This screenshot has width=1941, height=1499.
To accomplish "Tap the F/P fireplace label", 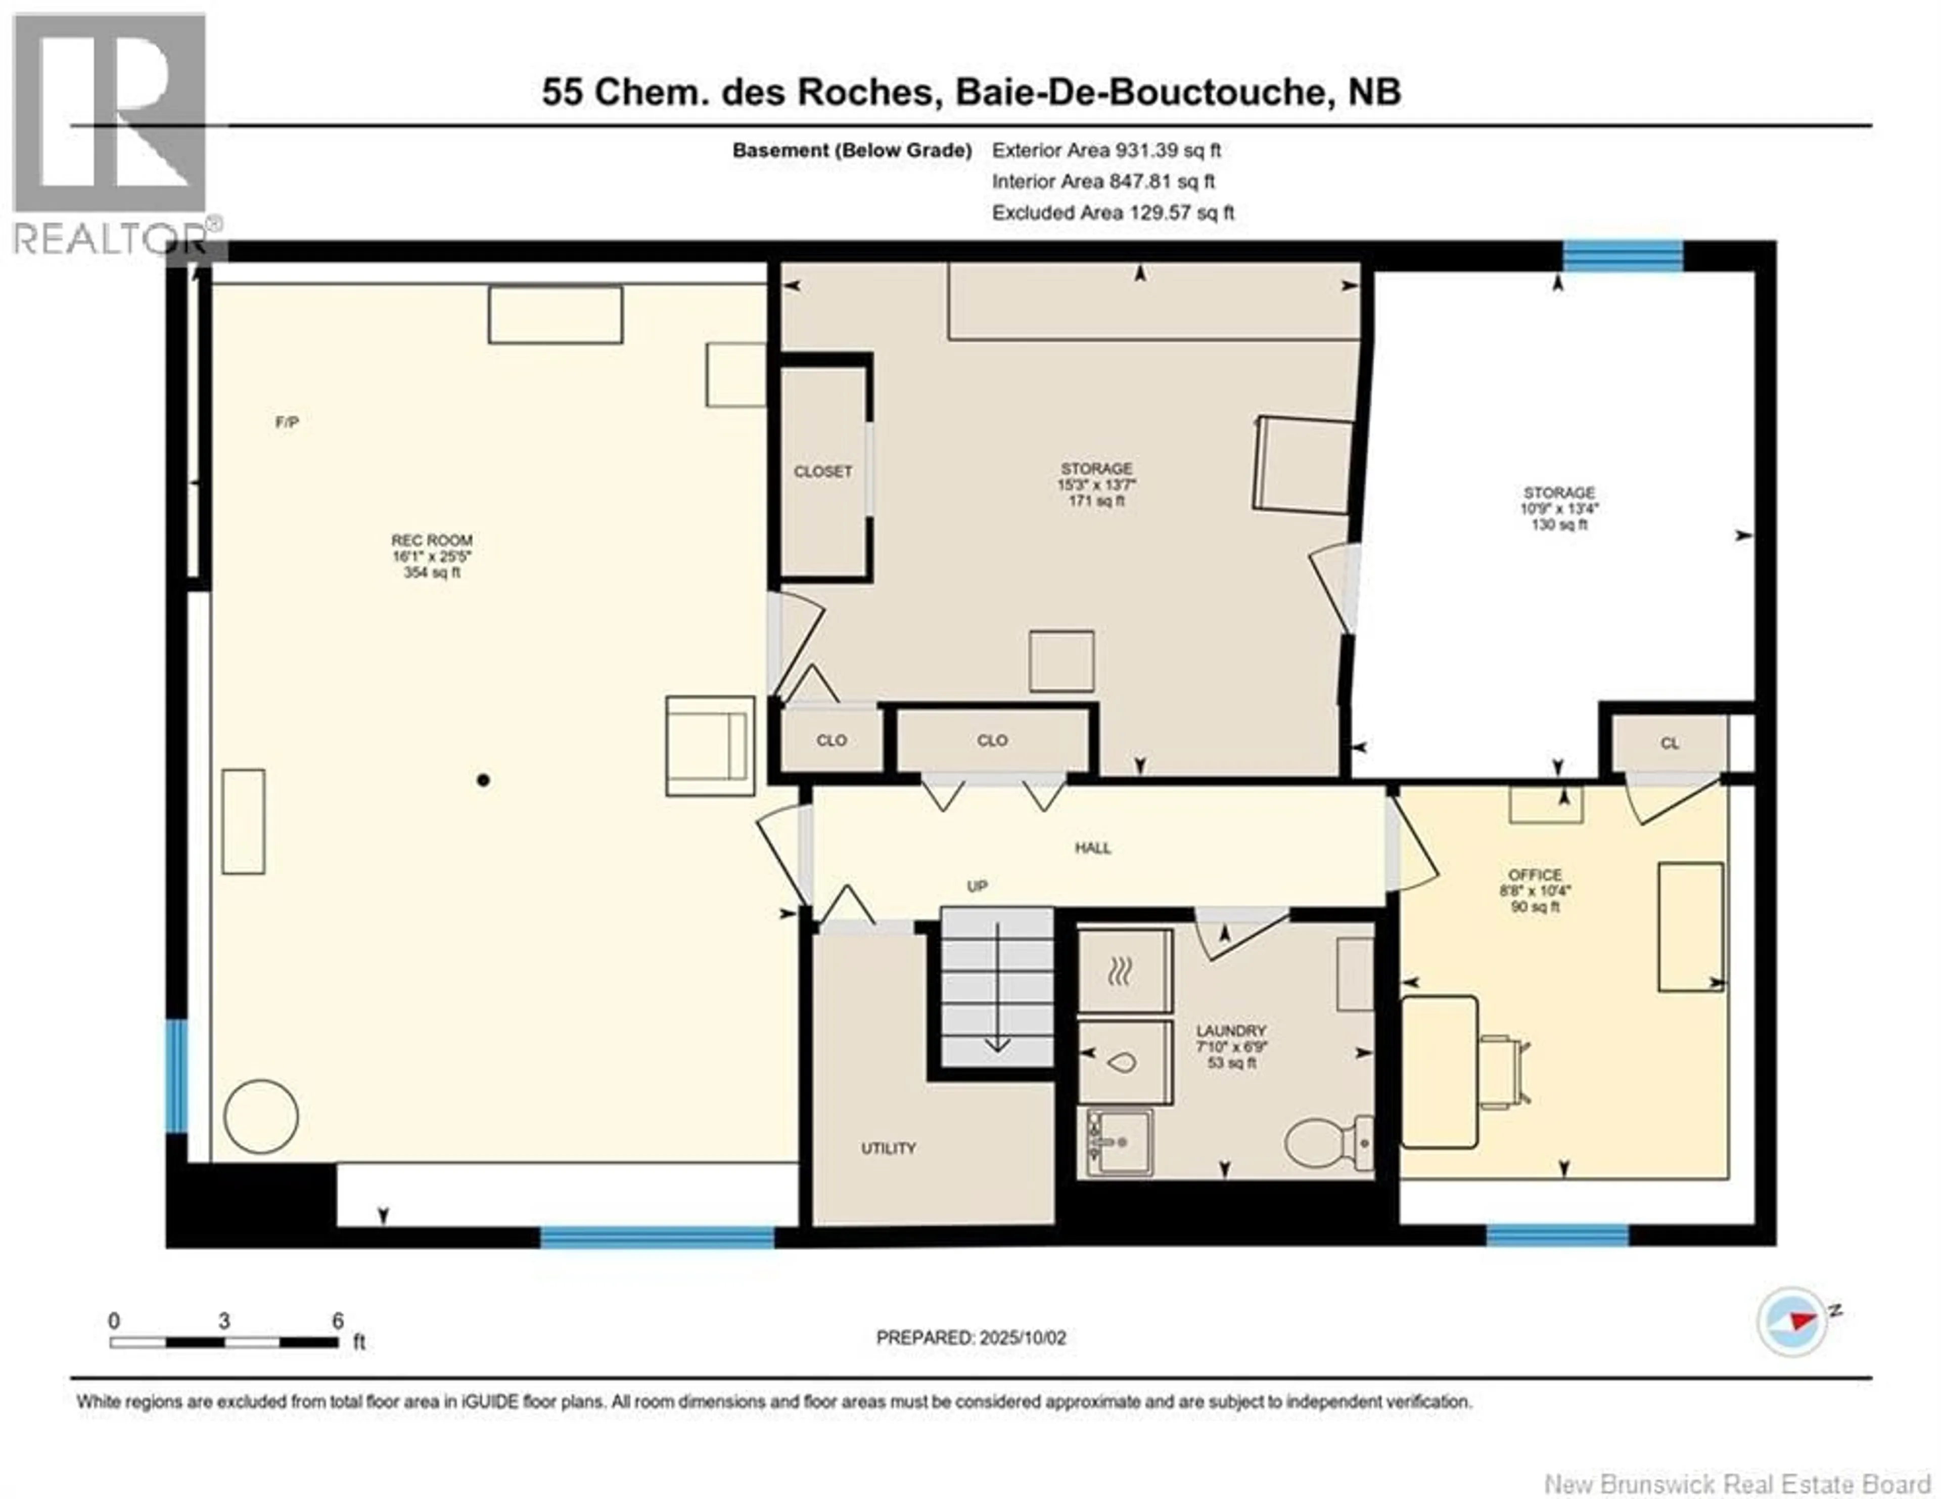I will [x=286, y=422].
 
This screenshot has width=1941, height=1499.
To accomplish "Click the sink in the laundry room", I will [x=1119, y=1141].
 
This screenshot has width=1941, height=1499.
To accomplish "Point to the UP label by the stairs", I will [x=977, y=887].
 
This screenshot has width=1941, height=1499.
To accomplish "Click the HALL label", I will [x=1092, y=847].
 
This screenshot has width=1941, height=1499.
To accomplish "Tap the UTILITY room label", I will [x=888, y=1148].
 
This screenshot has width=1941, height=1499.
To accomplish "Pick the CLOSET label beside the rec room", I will [x=822, y=471].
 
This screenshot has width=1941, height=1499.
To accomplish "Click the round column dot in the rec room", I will [x=483, y=780].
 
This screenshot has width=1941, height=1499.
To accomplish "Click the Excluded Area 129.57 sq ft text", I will [x=1113, y=212].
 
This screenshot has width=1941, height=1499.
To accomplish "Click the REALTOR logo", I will [x=111, y=134].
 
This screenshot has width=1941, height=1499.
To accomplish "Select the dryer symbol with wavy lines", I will [x=1123, y=973].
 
